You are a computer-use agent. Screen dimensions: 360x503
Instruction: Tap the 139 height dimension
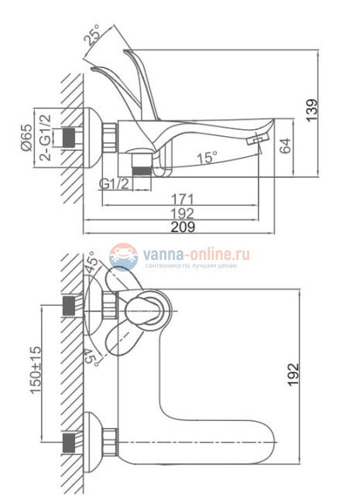(x=311, y=110)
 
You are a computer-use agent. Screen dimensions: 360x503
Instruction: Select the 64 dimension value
(x=285, y=145)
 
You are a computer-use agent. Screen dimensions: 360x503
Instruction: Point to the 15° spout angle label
(x=207, y=158)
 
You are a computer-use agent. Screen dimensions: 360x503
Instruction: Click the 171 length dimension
(x=182, y=200)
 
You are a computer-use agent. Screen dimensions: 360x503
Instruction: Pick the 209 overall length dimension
(x=183, y=227)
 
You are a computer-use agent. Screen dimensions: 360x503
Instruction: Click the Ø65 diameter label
(x=27, y=137)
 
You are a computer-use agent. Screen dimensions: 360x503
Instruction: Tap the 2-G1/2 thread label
(x=45, y=137)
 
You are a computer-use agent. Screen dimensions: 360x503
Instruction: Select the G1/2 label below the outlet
(x=115, y=184)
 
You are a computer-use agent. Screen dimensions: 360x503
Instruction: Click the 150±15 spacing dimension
(x=36, y=370)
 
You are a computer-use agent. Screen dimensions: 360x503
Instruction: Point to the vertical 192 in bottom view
(x=293, y=375)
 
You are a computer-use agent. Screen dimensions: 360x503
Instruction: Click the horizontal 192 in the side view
(x=182, y=213)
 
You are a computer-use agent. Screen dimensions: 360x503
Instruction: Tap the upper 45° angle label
(x=91, y=262)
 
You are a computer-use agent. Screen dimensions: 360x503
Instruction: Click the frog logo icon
(x=123, y=255)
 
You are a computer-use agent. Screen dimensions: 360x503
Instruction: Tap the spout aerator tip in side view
(x=258, y=140)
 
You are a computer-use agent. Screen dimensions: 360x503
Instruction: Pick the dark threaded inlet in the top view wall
(x=68, y=137)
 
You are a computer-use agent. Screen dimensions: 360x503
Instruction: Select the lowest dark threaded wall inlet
(x=68, y=443)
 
